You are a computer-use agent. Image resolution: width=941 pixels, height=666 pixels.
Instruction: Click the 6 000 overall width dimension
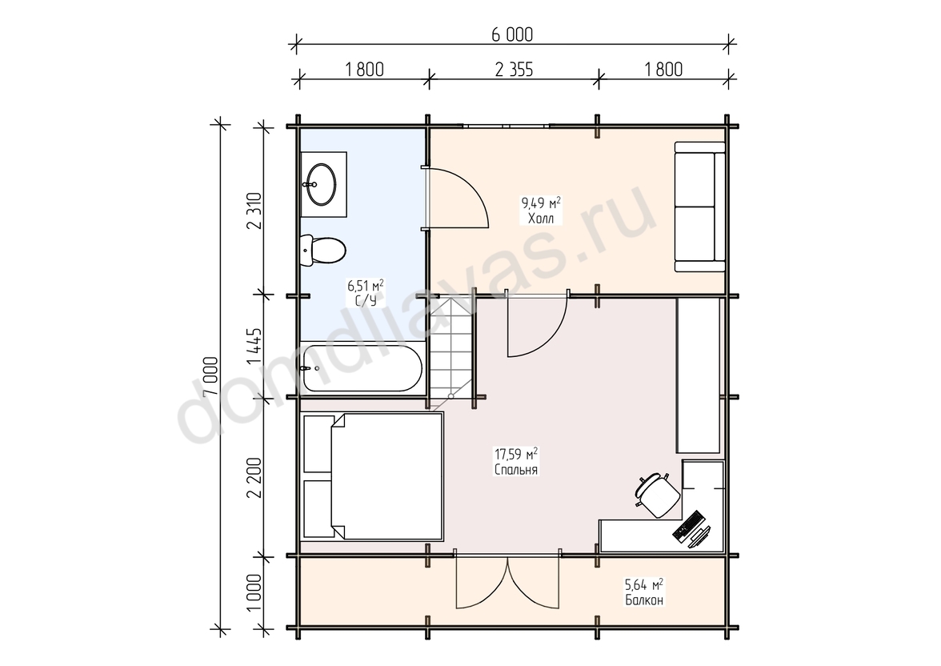(x=512, y=35)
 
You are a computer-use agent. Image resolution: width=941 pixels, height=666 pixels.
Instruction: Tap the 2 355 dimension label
(x=514, y=70)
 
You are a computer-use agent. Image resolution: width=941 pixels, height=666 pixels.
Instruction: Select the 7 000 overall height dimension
(x=210, y=376)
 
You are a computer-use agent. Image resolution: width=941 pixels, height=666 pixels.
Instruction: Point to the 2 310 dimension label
(x=254, y=211)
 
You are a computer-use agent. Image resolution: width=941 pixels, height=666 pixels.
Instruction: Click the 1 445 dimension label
(x=254, y=346)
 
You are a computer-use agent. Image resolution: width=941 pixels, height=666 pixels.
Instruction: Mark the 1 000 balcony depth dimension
(x=254, y=592)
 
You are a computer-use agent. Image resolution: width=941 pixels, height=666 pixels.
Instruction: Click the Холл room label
(x=541, y=219)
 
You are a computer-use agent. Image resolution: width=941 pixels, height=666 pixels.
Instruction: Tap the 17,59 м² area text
(x=515, y=453)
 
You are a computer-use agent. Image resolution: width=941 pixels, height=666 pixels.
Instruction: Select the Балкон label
(x=645, y=600)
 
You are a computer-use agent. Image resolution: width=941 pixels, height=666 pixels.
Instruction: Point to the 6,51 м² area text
(x=366, y=285)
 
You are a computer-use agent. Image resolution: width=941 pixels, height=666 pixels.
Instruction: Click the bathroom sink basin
(x=320, y=184)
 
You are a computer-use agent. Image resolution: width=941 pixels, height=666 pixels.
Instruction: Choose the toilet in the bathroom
(x=322, y=250)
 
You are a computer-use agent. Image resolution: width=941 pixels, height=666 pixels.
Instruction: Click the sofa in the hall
(x=699, y=207)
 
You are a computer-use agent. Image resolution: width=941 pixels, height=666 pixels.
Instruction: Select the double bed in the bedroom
(x=373, y=475)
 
